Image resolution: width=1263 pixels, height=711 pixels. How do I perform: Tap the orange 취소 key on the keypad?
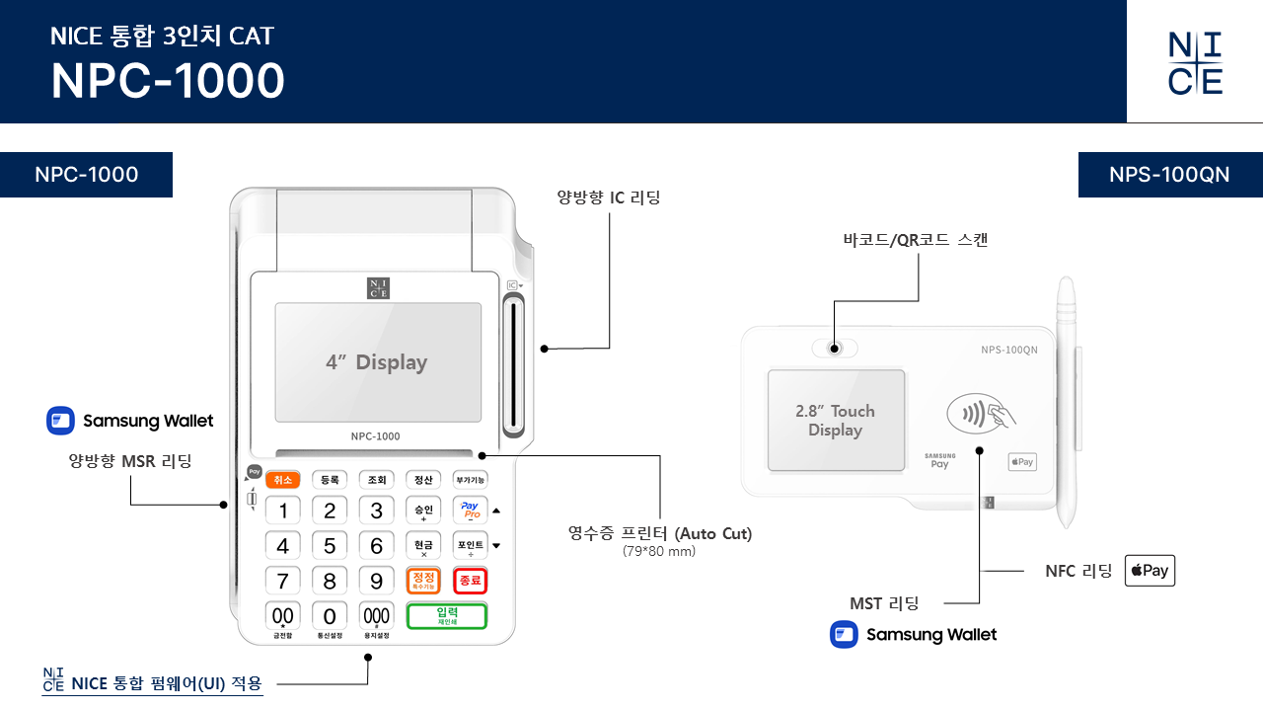[283, 480]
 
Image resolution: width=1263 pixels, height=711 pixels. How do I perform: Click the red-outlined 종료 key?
[470, 581]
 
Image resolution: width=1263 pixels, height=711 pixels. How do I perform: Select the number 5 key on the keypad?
[330, 545]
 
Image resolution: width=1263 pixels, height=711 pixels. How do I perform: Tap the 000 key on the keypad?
[376, 615]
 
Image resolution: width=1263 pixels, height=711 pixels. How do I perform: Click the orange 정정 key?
[423, 581]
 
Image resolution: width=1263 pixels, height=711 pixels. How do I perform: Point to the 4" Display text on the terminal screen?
[377, 362]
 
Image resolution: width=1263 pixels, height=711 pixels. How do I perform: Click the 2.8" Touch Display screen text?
[835, 421]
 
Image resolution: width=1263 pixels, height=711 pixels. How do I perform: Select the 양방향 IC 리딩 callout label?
[609, 197]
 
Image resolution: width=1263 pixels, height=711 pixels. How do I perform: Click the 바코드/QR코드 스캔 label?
[915, 240]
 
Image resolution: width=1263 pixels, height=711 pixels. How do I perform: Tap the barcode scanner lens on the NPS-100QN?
[835, 349]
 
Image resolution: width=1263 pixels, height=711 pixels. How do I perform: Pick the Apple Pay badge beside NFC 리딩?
[1150, 571]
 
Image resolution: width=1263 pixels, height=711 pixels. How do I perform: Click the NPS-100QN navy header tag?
[1169, 175]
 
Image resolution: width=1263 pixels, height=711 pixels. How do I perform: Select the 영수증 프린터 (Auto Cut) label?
[659, 534]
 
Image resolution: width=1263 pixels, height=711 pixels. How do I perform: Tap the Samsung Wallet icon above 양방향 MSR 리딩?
[61, 421]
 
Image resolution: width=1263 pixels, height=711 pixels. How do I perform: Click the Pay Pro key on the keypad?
[470, 511]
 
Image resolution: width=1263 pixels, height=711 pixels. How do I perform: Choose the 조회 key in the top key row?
[376, 480]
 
